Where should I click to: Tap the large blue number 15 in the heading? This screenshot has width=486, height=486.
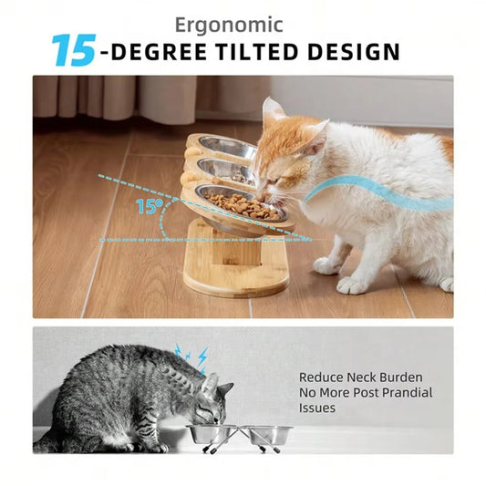[x=73, y=51]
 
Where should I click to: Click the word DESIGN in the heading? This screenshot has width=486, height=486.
[x=354, y=52]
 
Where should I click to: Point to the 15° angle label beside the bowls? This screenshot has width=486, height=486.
[x=148, y=206]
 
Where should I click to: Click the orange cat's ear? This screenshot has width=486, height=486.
[x=273, y=111]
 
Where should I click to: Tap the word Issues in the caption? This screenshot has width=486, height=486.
[x=317, y=408]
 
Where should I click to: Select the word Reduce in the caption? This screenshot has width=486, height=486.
[x=320, y=377]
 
